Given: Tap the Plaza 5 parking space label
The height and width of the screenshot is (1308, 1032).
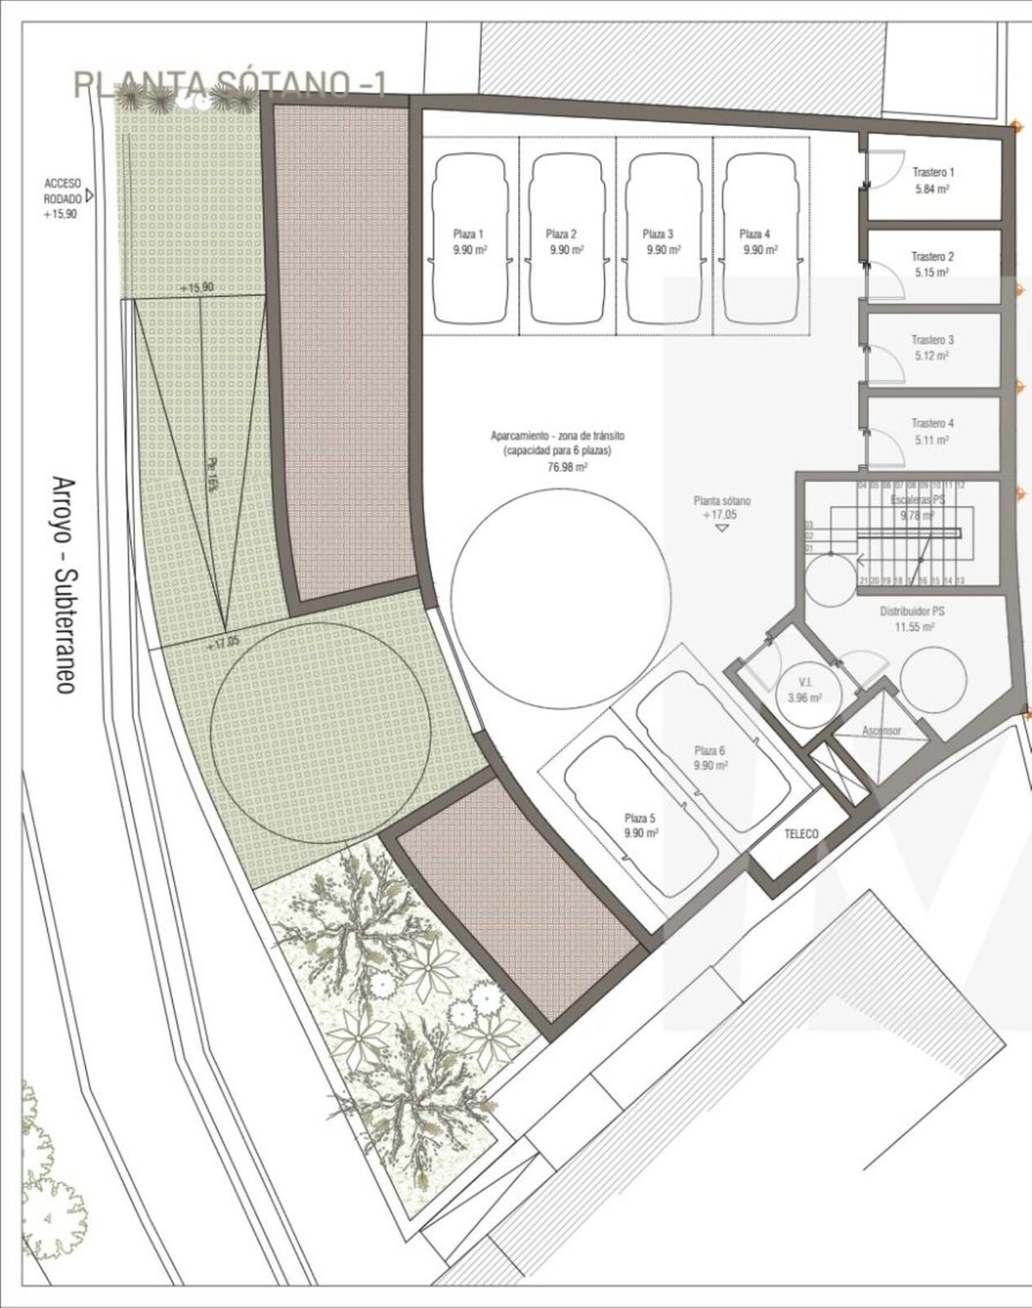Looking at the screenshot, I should click(x=641, y=826).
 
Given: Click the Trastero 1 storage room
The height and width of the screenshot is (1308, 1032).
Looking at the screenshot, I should click(x=933, y=180).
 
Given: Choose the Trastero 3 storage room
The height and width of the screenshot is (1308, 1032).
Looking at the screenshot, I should click(x=933, y=347).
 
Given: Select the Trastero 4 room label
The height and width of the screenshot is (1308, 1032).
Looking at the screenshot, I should click(x=932, y=423).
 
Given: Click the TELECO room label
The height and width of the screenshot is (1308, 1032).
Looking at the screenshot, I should click(x=801, y=834).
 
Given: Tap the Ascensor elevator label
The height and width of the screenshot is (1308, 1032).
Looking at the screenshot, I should click(x=881, y=731).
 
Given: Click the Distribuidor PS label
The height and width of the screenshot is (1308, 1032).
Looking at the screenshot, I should click(x=912, y=612).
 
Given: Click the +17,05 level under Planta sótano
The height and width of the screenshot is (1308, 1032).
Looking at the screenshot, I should click(x=719, y=515).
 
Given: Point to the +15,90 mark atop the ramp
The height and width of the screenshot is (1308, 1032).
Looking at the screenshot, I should click(x=197, y=287).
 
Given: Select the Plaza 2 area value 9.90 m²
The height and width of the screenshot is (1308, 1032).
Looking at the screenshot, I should click(x=568, y=250).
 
